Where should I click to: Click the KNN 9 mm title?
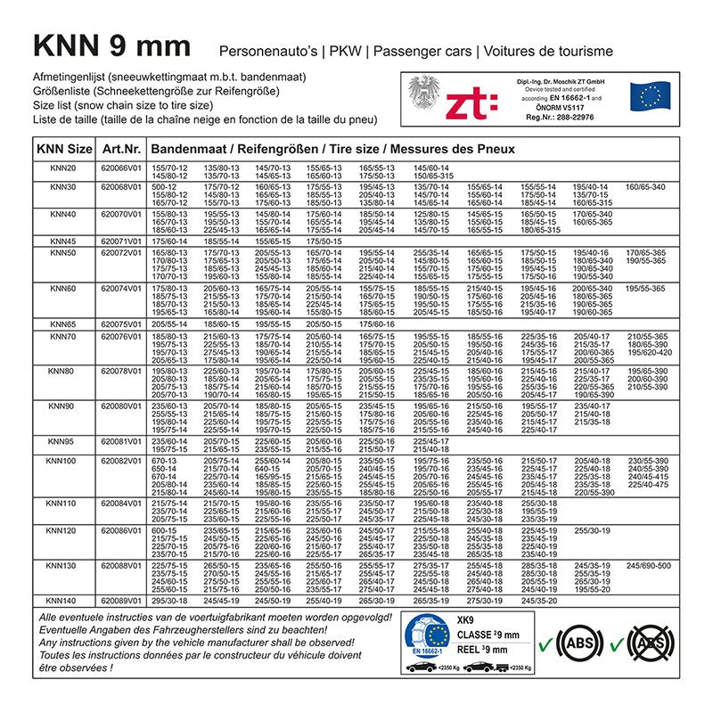pos(111,45)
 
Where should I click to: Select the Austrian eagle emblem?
pos(424,96)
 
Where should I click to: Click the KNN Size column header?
pos(62,149)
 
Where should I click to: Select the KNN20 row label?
pos(62,168)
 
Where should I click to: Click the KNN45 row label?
pos(62,241)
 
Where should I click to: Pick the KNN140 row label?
pos(62,601)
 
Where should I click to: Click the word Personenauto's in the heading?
pos(271,48)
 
